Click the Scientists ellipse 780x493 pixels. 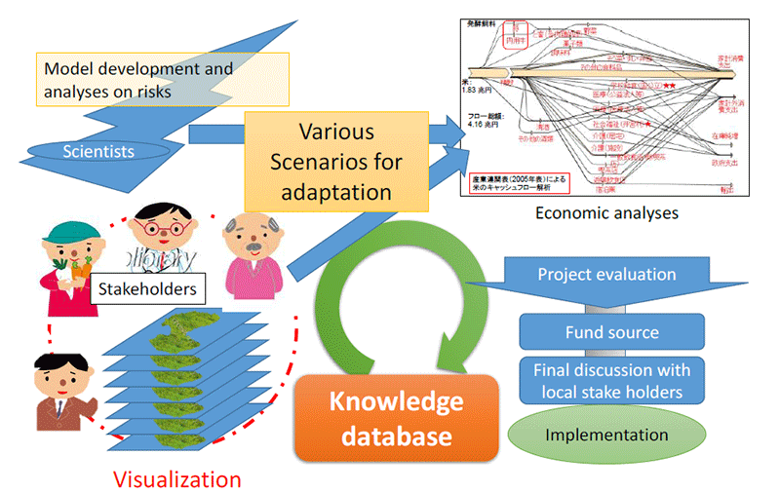[97, 151]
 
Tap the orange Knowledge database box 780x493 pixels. [396, 417]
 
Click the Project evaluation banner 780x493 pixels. [606, 276]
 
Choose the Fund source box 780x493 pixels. [611, 332]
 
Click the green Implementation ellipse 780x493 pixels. [611, 435]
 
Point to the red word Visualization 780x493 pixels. [176, 478]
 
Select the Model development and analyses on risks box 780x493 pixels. [146, 80]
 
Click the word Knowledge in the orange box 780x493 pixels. [396, 401]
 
